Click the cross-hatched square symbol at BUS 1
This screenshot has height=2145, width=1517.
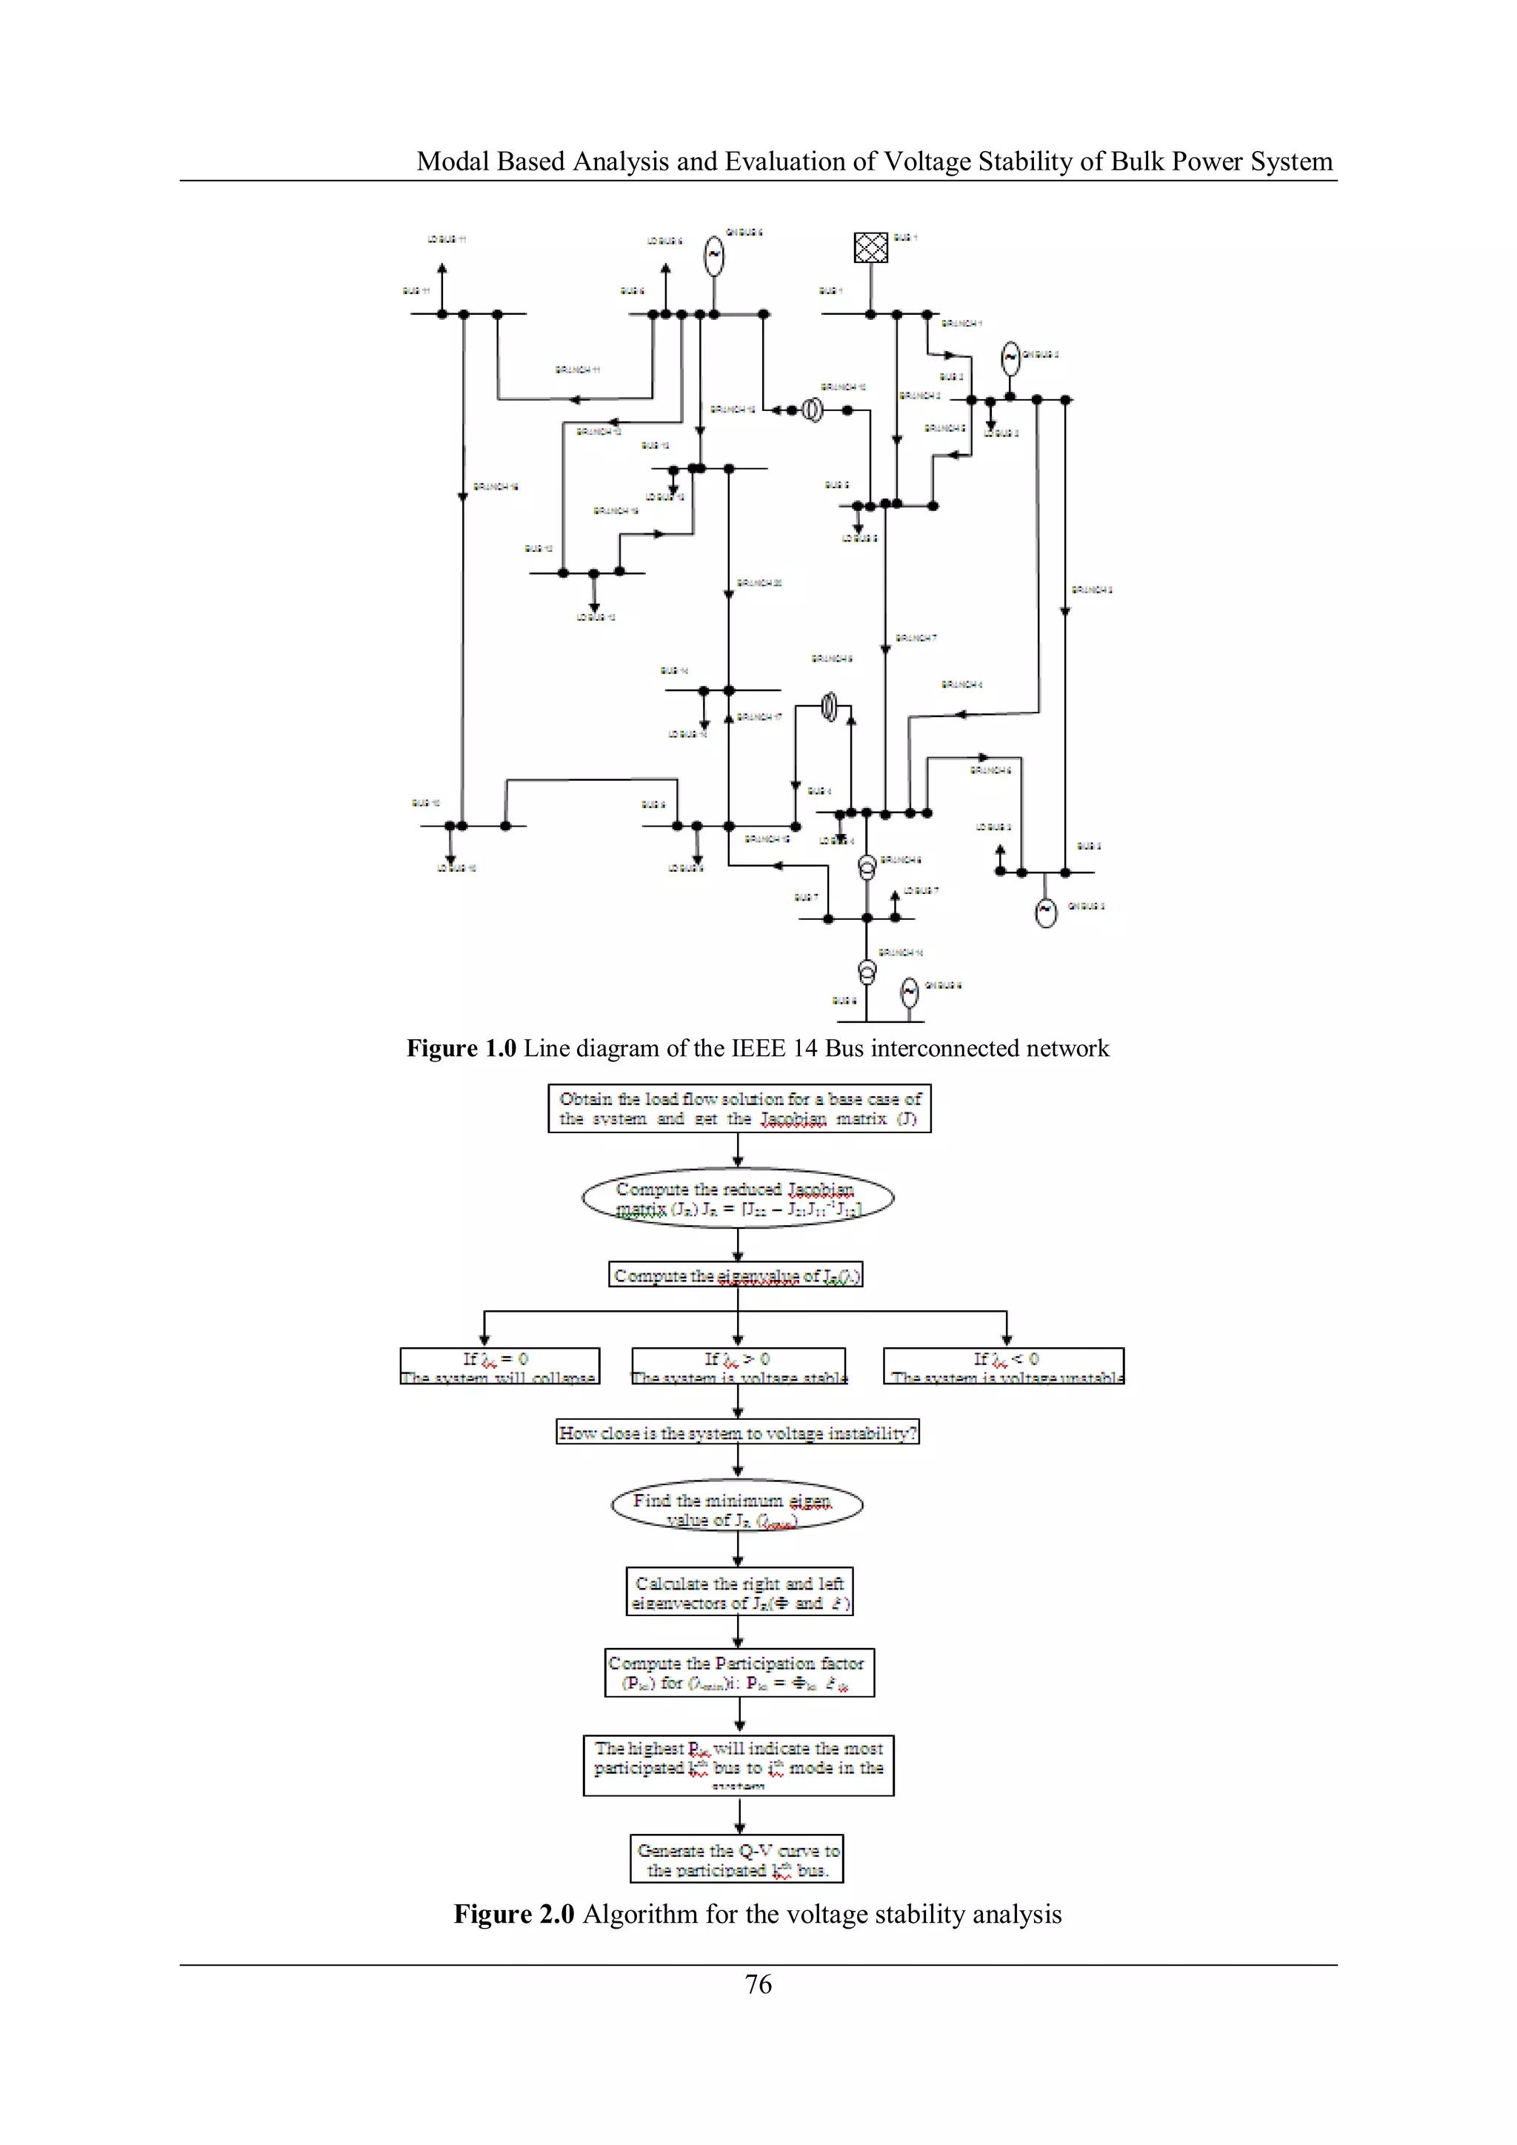(x=870, y=247)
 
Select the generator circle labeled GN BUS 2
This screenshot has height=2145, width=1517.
(x=1010, y=358)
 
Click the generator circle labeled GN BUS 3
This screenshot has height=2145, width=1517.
(x=1046, y=911)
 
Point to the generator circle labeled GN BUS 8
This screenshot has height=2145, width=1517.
(x=909, y=993)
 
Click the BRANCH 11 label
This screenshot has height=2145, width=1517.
(x=577, y=370)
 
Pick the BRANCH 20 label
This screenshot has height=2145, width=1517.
(x=758, y=583)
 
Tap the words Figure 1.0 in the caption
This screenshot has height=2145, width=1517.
(x=461, y=1048)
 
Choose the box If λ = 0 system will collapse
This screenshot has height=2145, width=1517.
(x=500, y=1366)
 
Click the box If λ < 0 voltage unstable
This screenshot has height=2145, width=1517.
(x=1004, y=1366)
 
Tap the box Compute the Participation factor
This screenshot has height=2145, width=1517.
(x=739, y=1673)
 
